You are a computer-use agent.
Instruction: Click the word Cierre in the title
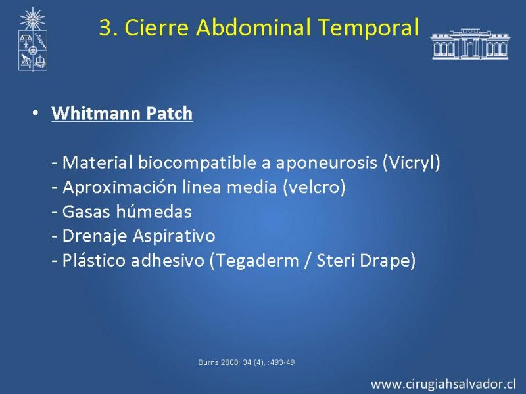[x=156, y=27]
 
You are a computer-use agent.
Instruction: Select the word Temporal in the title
[x=368, y=27]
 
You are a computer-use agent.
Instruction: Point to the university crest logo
[x=32, y=39]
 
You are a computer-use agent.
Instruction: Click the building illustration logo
[x=470, y=43]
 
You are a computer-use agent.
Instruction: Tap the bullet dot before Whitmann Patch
[x=36, y=112]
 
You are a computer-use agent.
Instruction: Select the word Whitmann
[x=95, y=113]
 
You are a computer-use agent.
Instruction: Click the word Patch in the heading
[x=169, y=113]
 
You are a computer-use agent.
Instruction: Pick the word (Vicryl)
[x=412, y=162]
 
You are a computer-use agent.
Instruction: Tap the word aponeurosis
[x=326, y=163]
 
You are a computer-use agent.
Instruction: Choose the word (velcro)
[x=314, y=187]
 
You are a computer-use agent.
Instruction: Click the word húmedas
[x=154, y=211]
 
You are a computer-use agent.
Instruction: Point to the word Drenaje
[x=95, y=236]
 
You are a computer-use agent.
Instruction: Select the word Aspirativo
[x=174, y=236]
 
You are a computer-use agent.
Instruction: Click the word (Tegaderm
[x=254, y=260]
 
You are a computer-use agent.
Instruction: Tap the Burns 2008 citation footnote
[x=247, y=362]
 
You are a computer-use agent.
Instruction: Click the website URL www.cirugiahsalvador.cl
[x=443, y=384]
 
